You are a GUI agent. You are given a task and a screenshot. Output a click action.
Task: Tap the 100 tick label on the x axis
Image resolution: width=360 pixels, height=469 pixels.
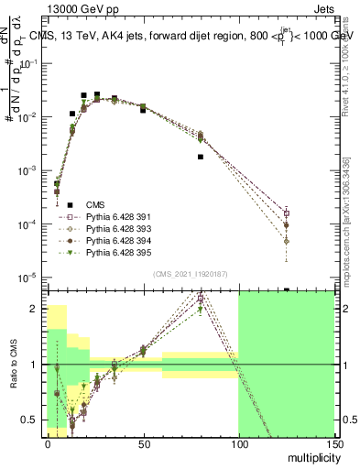[x=238, y=444]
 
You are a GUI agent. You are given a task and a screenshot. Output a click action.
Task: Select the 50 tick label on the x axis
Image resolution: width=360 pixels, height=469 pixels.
[x=143, y=444]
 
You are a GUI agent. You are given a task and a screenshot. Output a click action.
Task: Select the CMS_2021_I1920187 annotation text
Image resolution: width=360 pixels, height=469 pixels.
[x=189, y=273]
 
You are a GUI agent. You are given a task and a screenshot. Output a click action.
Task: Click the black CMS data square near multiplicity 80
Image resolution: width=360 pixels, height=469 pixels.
[x=200, y=157]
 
